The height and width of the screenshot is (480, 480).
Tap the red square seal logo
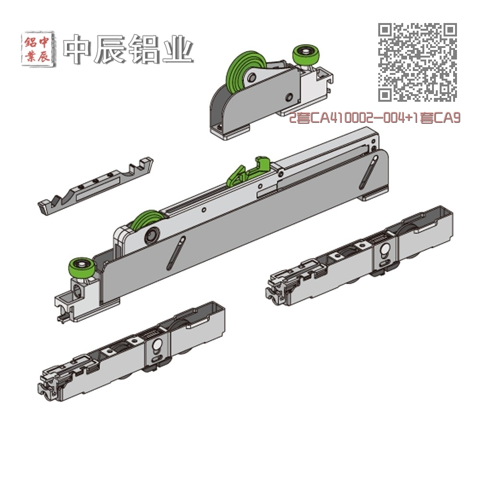click(x=39, y=48)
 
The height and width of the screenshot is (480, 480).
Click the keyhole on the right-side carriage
click(x=385, y=251)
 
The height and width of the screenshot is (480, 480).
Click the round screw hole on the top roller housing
click(x=288, y=97)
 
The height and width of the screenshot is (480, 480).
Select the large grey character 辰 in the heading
click(x=111, y=49)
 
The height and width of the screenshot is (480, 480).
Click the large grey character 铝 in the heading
click(x=144, y=49)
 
